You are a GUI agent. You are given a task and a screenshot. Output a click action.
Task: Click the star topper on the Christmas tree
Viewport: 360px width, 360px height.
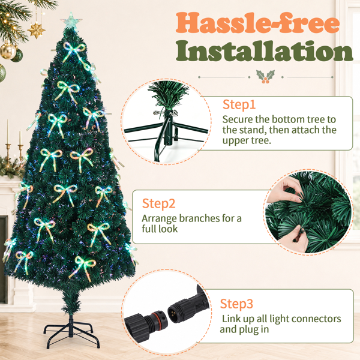71,20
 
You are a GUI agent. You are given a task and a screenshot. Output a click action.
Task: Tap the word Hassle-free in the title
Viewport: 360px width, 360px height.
257,23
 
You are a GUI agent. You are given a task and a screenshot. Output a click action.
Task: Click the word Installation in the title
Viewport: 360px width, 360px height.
265,51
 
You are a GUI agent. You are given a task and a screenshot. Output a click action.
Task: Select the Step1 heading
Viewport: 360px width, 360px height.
239,105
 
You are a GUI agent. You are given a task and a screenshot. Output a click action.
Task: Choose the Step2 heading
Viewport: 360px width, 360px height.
158,203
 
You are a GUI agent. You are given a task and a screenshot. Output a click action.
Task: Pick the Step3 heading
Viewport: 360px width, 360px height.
236,304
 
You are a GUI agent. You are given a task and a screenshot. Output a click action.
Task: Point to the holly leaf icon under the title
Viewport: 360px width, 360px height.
265,77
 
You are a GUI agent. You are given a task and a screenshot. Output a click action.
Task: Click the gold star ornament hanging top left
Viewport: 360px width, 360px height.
36,30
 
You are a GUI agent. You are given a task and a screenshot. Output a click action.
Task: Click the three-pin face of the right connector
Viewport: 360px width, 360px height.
173,314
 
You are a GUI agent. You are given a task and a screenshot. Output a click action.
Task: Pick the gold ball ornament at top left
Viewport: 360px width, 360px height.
8,52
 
